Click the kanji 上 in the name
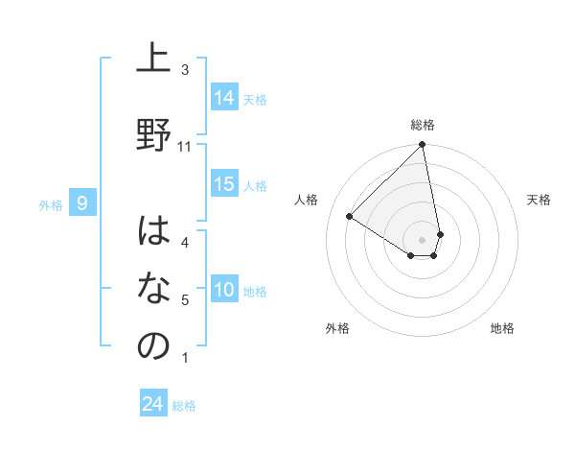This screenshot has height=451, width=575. pyautogui.click(x=153, y=59)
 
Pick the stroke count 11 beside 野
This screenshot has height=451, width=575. pyautogui.click(x=185, y=147)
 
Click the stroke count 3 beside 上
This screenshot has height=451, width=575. pyautogui.click(x=185, y=70)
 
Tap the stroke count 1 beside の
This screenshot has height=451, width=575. pyautogui.click(x=185, y=359)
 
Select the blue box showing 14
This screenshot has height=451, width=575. pyautogui.click(x=224, y=97)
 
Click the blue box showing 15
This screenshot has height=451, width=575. pyautogui.click(x=224, y=184)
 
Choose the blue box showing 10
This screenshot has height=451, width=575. pyautogui.click(x=224, y=290)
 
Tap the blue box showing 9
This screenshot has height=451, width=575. pyautogui.click(x=82, y=202)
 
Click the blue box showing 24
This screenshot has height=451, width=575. pyautogui.click(x=153, y=404)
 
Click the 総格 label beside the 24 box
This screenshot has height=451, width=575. pyautogui.click(x=184, y=406)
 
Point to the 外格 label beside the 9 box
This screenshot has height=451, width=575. pyautogui.click(x=50, y=204)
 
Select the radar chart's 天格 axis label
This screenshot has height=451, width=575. pyautogui.click(x=539, y=200)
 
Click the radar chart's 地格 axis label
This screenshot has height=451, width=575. pyautogui.click(x=502, y=328)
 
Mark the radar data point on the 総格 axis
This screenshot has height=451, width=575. pyautogui.click(x=422, y=145)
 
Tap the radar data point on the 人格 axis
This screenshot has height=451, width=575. pyautogui.click(x=350, y=217)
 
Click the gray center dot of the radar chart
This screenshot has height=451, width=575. pyautogui.click(x=422, y=239)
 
